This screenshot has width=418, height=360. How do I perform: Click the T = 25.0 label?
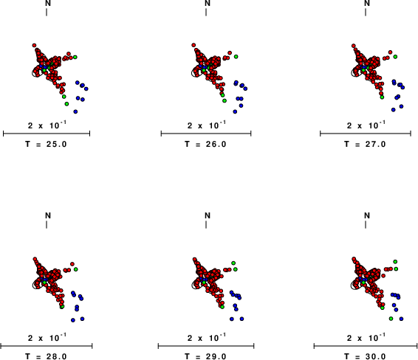[46, 144]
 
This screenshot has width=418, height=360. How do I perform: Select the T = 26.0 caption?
[205, 144]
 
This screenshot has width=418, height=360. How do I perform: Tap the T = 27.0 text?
[365, 144]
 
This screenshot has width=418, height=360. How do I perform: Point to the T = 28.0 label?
[46, 356]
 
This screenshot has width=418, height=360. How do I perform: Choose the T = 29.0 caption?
[205, 356]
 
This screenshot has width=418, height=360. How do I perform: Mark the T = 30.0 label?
[365, 356]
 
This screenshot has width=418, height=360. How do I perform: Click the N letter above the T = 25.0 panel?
[48, 3]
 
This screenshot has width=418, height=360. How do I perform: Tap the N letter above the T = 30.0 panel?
[367, 215]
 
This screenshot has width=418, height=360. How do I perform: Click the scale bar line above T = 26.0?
[206, 134]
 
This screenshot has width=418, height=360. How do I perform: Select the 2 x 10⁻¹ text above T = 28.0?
[47, 337]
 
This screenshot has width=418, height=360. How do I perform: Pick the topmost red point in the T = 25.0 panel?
[34, 46]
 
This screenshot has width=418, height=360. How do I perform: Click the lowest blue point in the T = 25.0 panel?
[75, 111]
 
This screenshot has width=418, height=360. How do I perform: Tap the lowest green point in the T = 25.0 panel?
[66, 104]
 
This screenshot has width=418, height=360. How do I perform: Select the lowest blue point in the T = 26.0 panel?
[235, 111]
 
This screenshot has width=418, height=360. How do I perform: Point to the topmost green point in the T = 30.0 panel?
[395, 262]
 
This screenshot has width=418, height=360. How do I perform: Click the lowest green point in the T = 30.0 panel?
[391, 319]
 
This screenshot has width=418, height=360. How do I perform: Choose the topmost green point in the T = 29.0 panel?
[233, 263]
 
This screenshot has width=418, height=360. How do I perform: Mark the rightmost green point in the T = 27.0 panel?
[395, 57]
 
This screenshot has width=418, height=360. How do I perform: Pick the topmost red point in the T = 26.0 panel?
[193, 45]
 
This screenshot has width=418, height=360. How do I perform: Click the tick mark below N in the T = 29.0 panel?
[206, 225]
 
